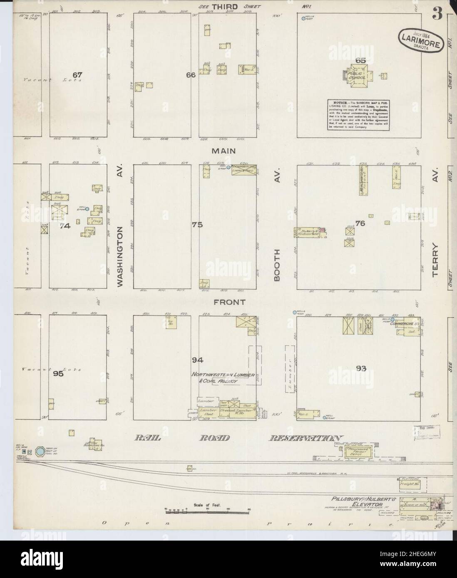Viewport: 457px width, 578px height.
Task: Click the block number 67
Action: (77, 75)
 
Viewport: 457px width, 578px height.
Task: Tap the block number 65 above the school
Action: (360, 61)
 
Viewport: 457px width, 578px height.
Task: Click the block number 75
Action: (197, 225)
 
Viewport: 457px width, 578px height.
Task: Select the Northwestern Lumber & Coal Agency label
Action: (214, 378)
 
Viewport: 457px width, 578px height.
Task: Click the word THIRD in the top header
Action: (224, 7)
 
